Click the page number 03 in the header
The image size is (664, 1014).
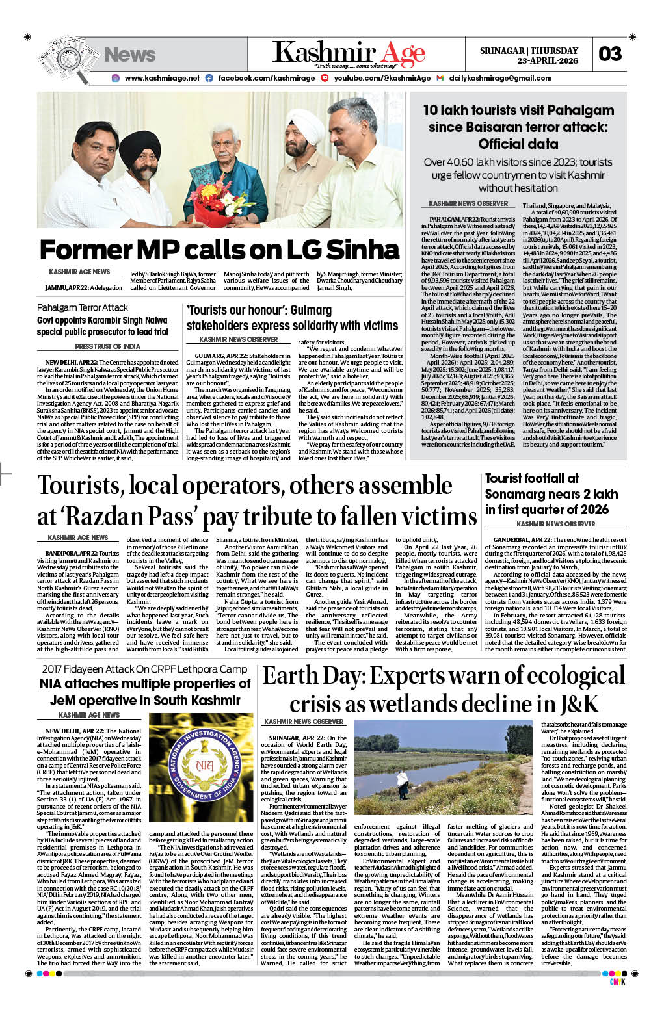(610, 54)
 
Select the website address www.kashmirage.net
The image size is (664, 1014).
(162, 78)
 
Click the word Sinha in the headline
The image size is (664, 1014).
(363, 250)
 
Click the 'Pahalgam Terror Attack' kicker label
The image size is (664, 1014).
(83, 307)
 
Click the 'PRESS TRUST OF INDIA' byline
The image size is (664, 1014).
(107, 346)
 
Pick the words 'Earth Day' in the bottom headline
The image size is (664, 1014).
(313, 677)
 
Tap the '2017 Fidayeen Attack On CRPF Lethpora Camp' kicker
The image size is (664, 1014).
(144, 669)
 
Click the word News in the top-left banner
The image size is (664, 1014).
(129, 55)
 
